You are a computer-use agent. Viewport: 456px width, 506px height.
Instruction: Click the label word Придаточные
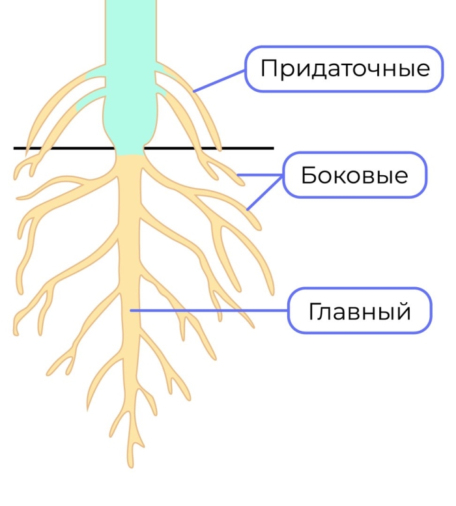345,69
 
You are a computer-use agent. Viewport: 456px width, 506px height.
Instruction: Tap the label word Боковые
354,175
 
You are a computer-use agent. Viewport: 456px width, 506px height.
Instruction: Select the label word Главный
360,311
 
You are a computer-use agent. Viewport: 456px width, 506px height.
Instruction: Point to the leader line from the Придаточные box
219,81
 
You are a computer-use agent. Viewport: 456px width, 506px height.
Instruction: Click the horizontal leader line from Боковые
260,175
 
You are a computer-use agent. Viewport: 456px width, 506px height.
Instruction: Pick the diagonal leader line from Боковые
264,193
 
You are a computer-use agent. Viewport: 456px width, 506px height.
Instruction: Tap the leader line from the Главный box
209,311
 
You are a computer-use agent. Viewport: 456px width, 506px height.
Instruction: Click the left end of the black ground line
14,148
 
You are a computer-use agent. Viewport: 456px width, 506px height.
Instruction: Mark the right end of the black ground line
274,148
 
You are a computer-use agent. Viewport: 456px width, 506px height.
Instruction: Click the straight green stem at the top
131,33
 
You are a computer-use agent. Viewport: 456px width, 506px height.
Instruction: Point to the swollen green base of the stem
130,126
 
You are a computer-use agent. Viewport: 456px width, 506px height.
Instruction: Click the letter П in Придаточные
269,68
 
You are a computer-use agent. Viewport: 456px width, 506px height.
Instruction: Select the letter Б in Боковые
309,175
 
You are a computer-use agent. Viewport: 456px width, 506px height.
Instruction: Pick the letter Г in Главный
316,311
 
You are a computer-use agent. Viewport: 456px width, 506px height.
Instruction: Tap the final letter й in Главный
403,310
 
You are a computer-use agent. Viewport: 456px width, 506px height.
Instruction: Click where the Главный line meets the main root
130,311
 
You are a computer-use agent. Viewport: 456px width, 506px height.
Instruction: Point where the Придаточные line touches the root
193,92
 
